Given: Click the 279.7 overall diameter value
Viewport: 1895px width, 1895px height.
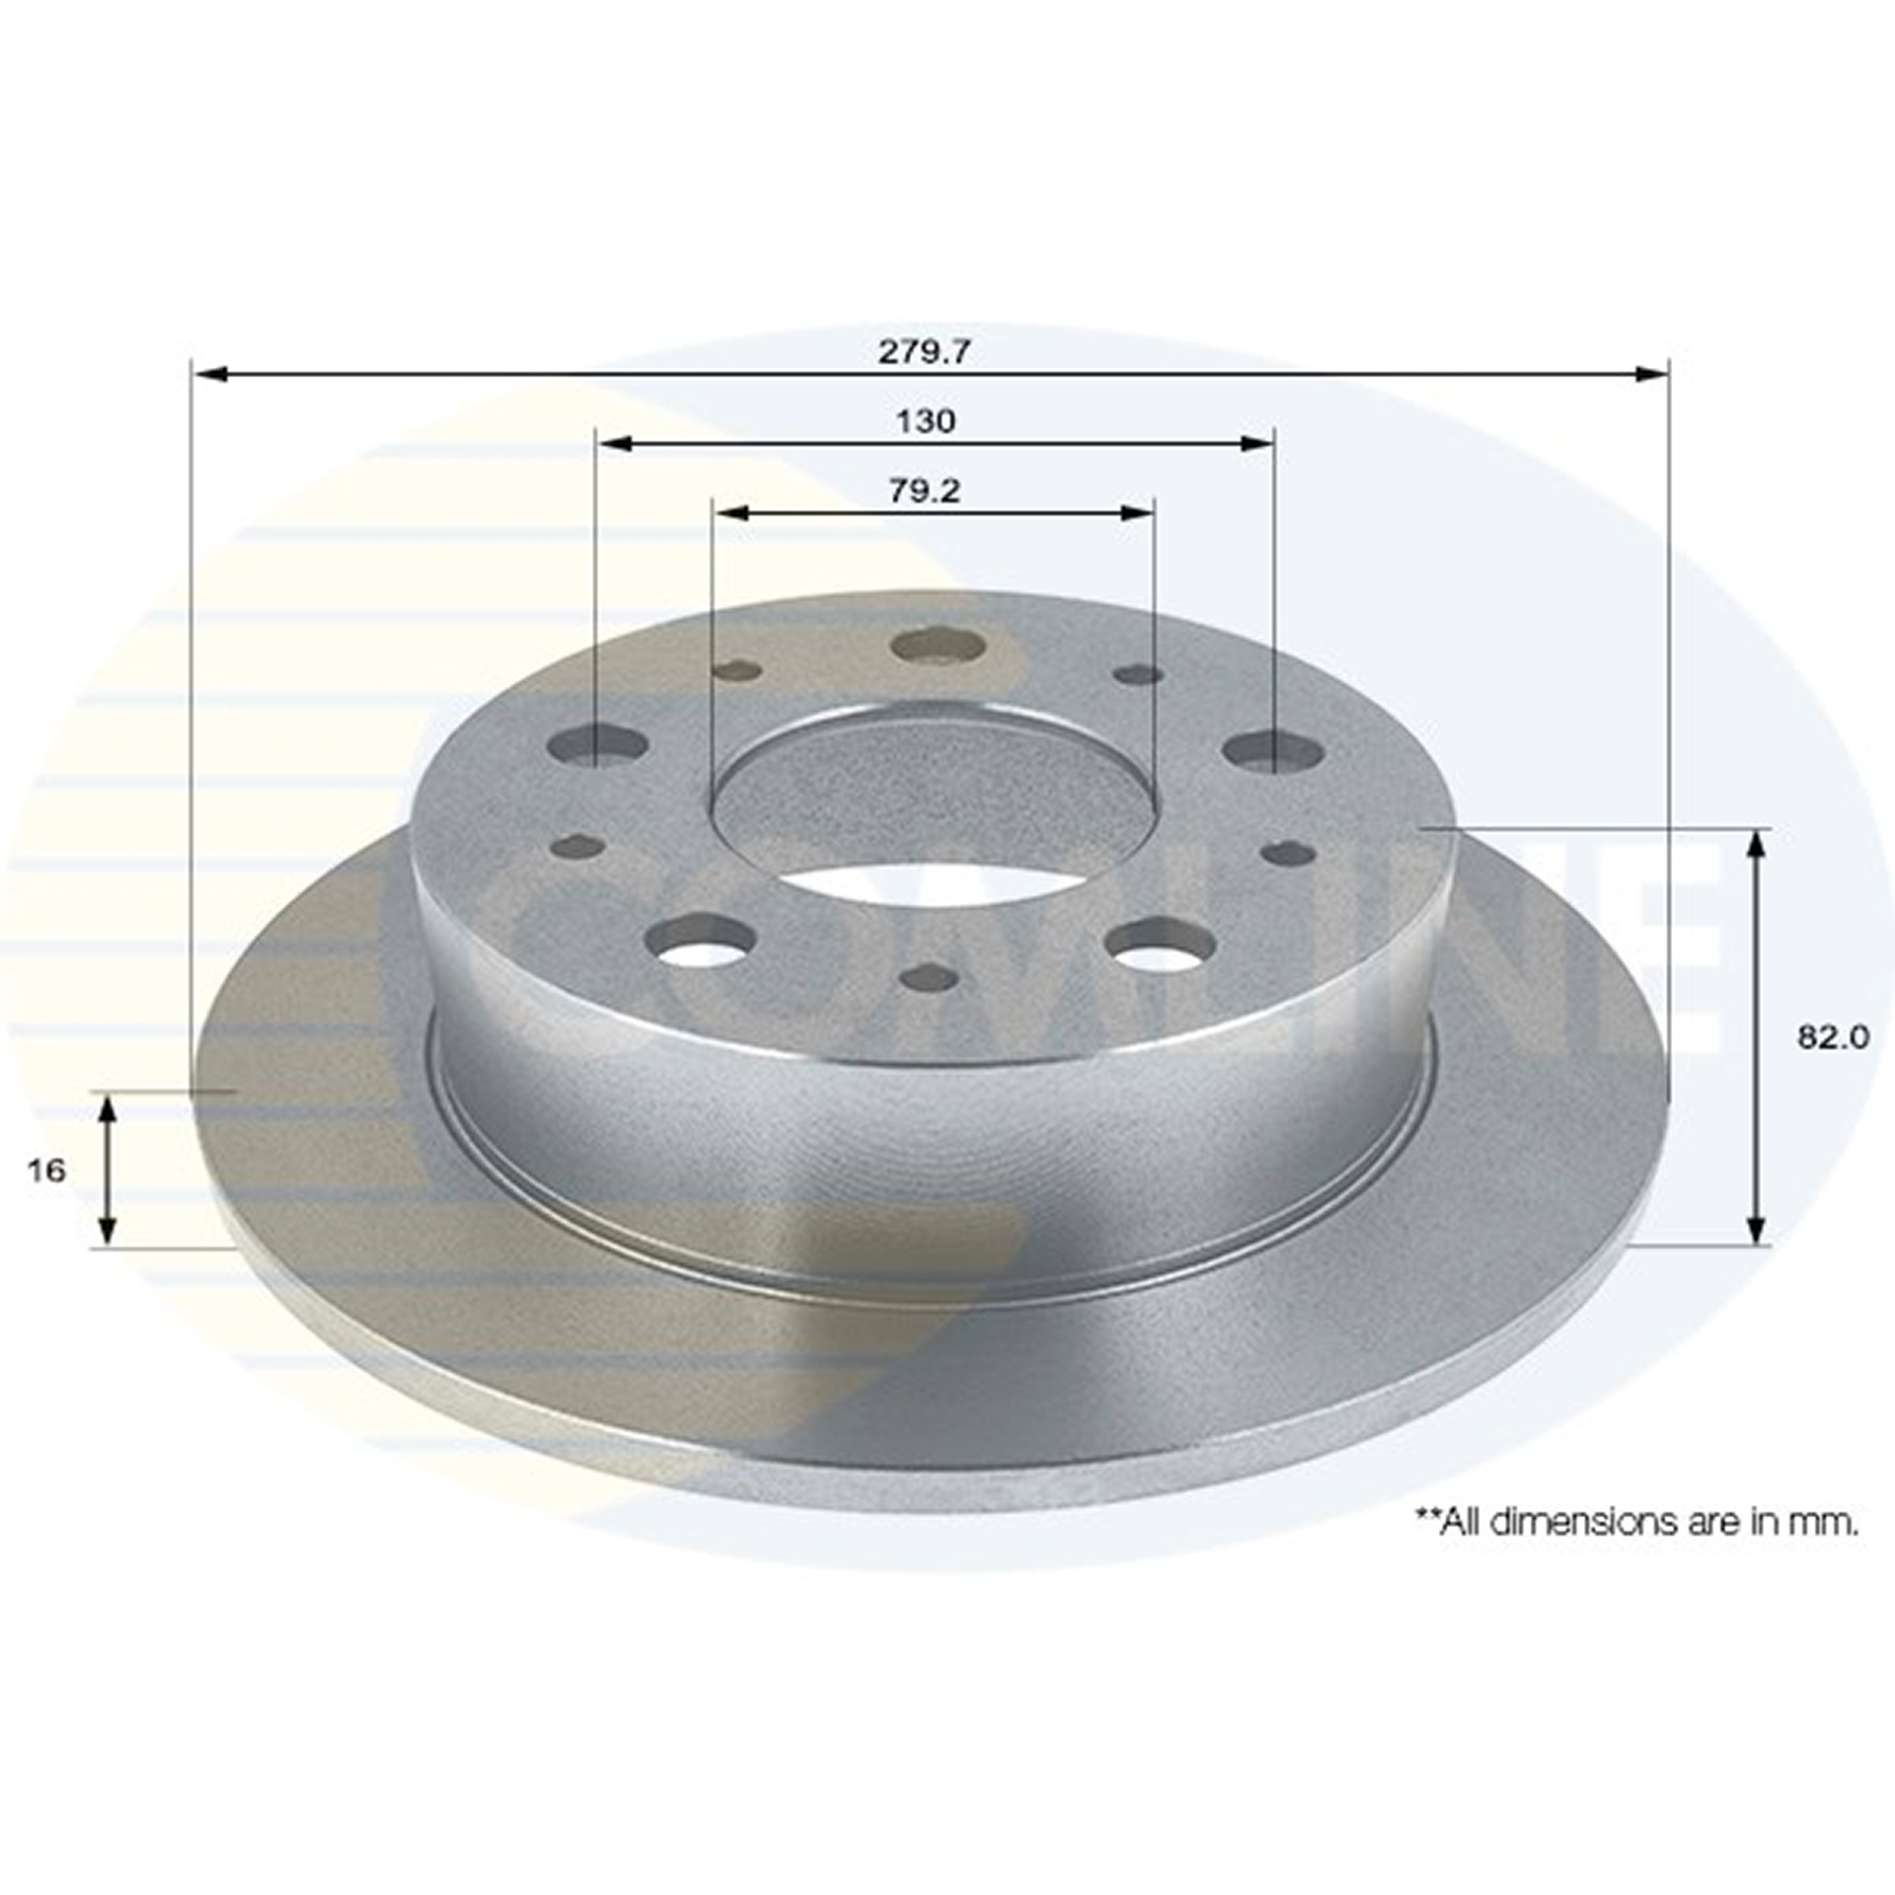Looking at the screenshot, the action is [x=925, y=351].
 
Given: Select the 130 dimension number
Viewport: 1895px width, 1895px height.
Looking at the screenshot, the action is [x=926, y=421].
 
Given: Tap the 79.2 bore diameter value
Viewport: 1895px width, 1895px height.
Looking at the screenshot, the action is [x=925, y=491].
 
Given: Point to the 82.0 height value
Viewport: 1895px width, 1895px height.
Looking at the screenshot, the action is [x=1833, y=1037].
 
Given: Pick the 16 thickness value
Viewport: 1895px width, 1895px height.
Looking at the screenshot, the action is [x=47, y=1171].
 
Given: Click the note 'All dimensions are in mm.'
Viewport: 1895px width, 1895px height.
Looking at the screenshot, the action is [x=1638, y=1550].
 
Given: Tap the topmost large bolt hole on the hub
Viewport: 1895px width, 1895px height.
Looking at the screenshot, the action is [x=938, y=646].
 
